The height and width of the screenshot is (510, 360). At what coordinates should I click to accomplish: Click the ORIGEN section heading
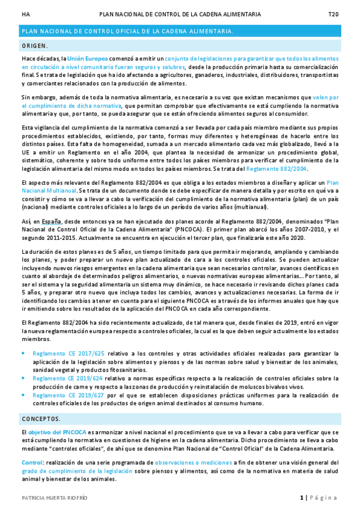35,45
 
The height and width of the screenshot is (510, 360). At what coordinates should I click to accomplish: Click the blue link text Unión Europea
88,59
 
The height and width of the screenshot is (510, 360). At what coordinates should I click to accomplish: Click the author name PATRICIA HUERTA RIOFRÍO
54,497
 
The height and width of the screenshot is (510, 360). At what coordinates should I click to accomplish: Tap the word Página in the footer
325,497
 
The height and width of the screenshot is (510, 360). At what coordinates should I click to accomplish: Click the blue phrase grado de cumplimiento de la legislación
76,471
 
